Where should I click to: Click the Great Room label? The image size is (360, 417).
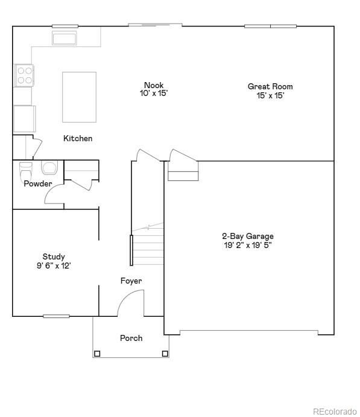(270, 87)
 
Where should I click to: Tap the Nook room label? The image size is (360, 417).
(153, 85)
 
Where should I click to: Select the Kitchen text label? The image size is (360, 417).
(78, 139)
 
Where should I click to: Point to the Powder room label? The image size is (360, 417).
(37, 183)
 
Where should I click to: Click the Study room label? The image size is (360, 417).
(54, 256)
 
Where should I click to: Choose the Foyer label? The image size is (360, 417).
(131, 281)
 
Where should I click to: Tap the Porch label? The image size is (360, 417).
(131, 338)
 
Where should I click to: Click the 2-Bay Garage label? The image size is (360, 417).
(247, 236)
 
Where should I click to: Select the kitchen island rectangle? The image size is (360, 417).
(79, 97)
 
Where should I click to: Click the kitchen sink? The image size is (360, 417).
(63, 39)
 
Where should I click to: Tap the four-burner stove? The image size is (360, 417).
(24, 75)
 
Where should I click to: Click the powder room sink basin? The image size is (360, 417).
(48, 167)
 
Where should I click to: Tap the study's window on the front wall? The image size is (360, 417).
(56, 316)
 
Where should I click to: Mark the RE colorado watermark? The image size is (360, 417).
(334, 411)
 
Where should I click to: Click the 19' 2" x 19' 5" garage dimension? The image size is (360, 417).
(247, 245)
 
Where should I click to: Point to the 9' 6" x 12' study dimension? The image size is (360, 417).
(54, 266)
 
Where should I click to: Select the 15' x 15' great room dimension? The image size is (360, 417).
(270, 95)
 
